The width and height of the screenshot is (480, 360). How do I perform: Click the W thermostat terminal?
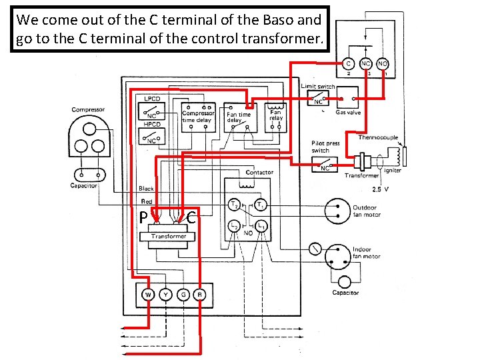click(149, 294)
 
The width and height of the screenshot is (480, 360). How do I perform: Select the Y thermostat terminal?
click(165, 294)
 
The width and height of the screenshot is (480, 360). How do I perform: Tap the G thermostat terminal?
click(183, 294)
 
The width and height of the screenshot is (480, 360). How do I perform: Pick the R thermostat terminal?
click(199, 294)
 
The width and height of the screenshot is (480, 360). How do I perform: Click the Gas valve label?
click(348, 113)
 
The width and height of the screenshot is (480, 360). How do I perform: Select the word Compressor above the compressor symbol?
click(88, 109)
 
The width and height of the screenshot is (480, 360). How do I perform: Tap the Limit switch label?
click(318, 86)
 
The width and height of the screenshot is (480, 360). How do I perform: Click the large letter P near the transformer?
click(143, 217)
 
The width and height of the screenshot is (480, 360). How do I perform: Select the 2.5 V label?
click(382, 189)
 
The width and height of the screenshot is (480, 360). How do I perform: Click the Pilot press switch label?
click(325, 147)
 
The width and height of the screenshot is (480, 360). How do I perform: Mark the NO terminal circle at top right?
click(383, 65)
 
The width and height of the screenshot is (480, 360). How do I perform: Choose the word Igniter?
click(392, 170)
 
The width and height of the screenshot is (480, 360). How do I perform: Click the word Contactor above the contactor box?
click(259, 173)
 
